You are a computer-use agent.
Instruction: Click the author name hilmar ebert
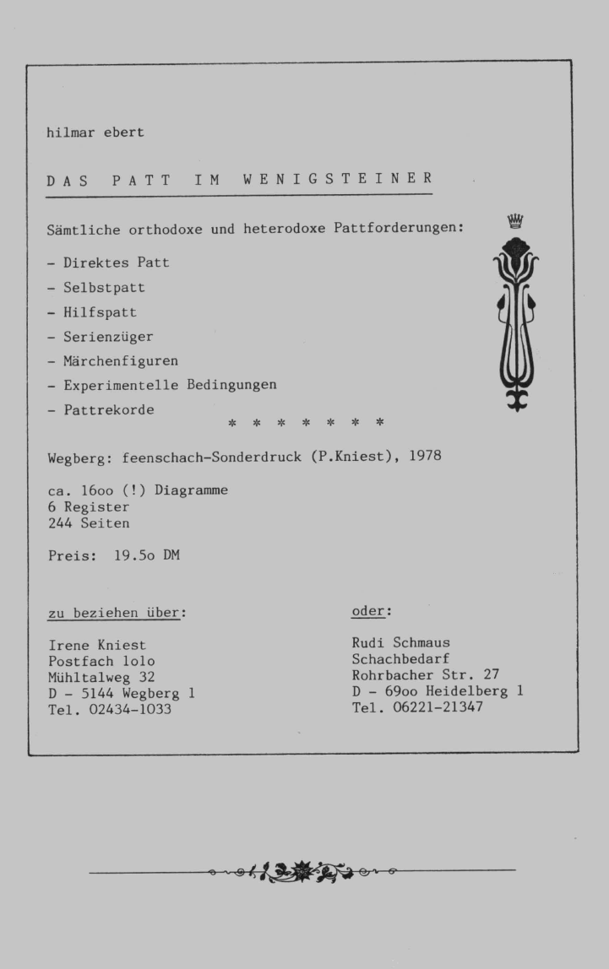(x=95, y=133)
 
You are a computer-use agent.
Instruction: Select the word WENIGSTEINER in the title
(x=338, y=179)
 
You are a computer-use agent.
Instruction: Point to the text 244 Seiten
(x=89, y=523)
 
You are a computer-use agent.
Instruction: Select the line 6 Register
(x=89, y=507)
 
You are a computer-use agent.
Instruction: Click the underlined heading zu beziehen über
(x=117, y=612)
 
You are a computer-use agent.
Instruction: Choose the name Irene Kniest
(x=97, y=645)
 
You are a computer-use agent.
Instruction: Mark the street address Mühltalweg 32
(x=101, y=677)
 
